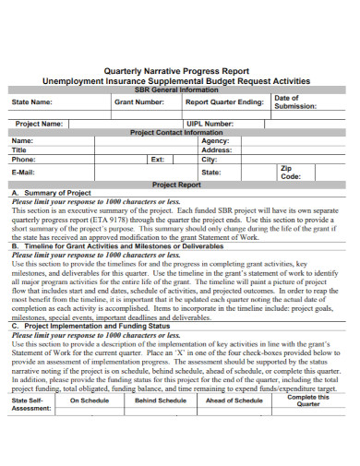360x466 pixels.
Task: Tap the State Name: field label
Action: pyautogui.click(x=32, y=102)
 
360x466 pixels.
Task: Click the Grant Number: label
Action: pyautogui.click(x=138, y=102)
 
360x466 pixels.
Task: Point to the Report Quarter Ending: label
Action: pyautogui.click(x=226, y=102)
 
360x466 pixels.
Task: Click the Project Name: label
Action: pyautogui.click(x=39, y=123)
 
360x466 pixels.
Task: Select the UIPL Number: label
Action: pyautogui.click(x=210, y=123)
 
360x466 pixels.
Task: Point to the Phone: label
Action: pyautogui.click(x=24, y=159)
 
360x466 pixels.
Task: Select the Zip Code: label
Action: pyautogui.click(x=291, y=173)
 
